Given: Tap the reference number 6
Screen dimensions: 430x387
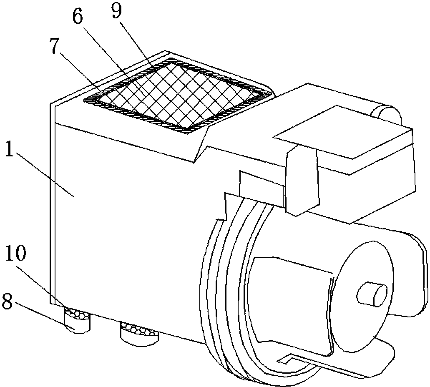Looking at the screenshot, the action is point(78,18).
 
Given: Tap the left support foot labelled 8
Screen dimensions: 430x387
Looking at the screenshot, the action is point(77,320).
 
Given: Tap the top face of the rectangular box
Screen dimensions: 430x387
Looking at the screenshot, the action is point(343,132).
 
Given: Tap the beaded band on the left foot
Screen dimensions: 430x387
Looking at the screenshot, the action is point(77,313).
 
